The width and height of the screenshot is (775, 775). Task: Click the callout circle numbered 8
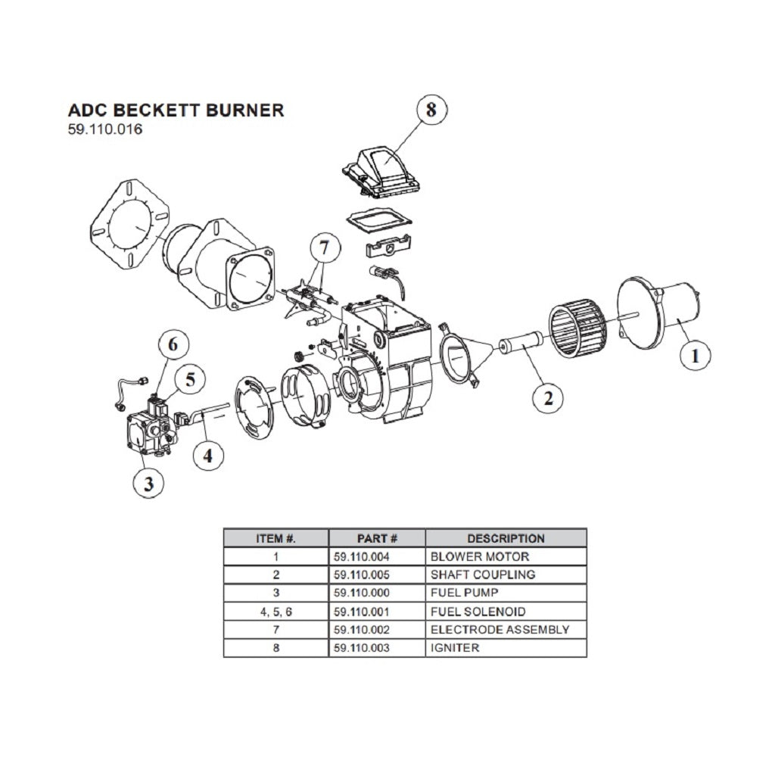pos(431,110)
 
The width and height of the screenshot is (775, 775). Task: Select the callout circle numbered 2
pos(548,397)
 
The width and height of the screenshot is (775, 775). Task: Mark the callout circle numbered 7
pos(325,248)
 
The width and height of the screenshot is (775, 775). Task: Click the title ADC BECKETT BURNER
pos(176,110)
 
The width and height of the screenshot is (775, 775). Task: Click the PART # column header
pos(377,539)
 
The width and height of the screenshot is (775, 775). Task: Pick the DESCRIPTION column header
pos(506,539)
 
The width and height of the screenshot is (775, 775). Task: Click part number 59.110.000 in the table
pos(362,593)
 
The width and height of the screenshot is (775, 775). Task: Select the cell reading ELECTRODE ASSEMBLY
pos(500,630)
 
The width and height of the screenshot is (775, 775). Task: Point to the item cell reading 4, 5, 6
pos(275,612)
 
